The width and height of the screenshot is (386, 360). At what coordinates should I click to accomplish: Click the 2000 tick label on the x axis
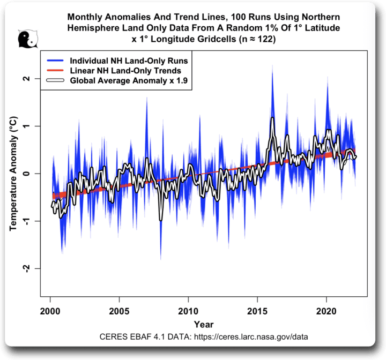click(x=50, y=311)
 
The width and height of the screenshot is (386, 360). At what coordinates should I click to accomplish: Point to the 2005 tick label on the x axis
click(x=119, y=311)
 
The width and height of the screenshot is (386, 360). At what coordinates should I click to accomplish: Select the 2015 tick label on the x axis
click(x=257, y=311)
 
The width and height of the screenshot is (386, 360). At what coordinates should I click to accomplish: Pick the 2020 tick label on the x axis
click(x=326, y=311)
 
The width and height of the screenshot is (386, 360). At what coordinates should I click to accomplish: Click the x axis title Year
click(x=204, y=325)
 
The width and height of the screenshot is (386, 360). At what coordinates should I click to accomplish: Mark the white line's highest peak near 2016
click(x=273, y=118)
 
